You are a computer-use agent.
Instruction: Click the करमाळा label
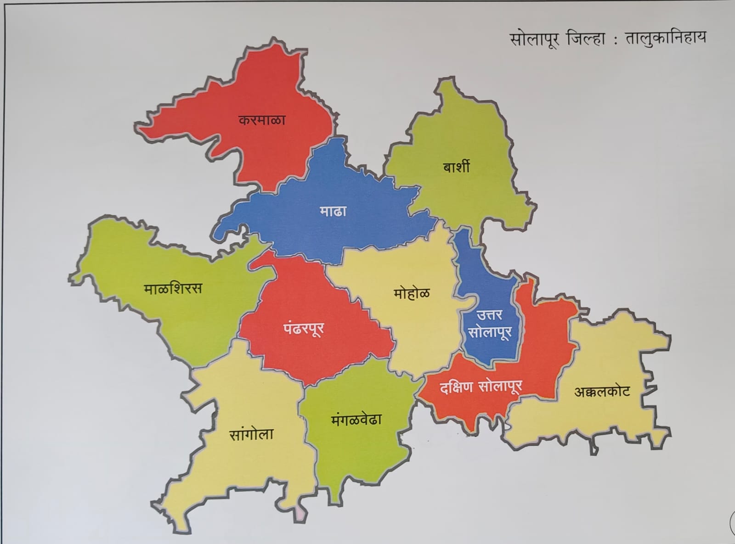pyautogui.click(x=262, y=120)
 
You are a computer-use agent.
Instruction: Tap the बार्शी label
pyautogui.click(x=456, y=166)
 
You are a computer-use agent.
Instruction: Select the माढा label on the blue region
pyautogui.click(x=333, y=211)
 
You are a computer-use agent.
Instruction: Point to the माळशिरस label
pyautogui.click(x=173, y=289)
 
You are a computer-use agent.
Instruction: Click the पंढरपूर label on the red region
pyautogui.click(x=304, y=328)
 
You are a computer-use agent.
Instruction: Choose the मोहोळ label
pyautogui.click(x=412, y=293)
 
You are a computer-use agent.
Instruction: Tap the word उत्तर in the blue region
pyautogui.click(x=489, y=315)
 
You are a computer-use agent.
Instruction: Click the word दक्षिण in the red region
pyautogui.click(x=456, y=387)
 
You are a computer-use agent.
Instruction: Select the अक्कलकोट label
pyautogui.click(x=602, y=392)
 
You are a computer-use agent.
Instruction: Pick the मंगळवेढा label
pyautogui.click(x=356, y=420)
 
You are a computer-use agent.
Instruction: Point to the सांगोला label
pyautogui.click(x=251, y=434)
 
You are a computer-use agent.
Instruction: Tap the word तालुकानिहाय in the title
pyautogui.click(x=665, y=37)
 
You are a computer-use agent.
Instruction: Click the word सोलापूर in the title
pyautogui.click(x=534, y=39)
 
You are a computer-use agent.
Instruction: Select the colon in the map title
pyautogui.click(x=616, y=40)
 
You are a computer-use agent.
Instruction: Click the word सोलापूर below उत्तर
pyautogui.click(x=489, y=332)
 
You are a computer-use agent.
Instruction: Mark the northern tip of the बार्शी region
pyautogui.click(x=446, y=82)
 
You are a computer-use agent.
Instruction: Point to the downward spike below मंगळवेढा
pyautogui.click(x=336, y=498)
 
